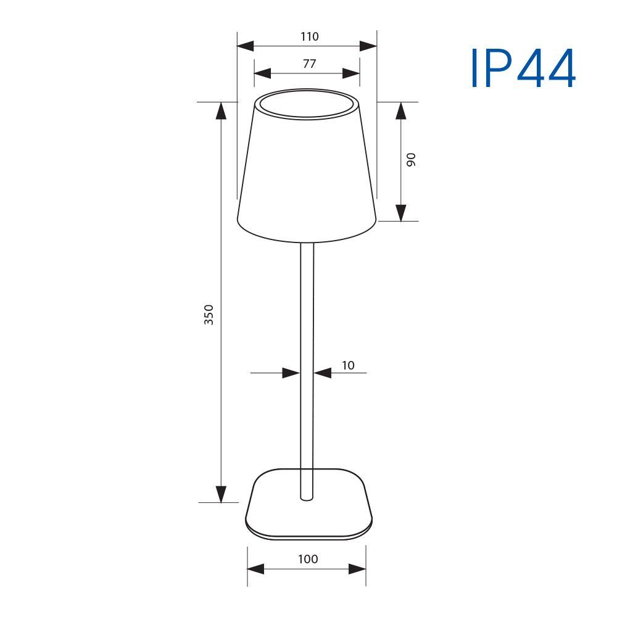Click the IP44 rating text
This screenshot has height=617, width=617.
pos(523,68)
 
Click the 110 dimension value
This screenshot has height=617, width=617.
pos(309,36)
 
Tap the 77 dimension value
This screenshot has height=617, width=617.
pos(310,64)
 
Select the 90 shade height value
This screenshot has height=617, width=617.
pos(411,160)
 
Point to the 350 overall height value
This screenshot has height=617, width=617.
pos(209,315)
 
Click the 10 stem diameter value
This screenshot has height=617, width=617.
pos(348,365)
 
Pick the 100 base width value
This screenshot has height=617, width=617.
pos(308,559)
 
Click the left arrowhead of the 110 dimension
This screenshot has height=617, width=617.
pos(245,46)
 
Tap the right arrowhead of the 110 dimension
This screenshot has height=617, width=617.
pos(368,46)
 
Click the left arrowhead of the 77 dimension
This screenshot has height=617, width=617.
pos(262,73)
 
